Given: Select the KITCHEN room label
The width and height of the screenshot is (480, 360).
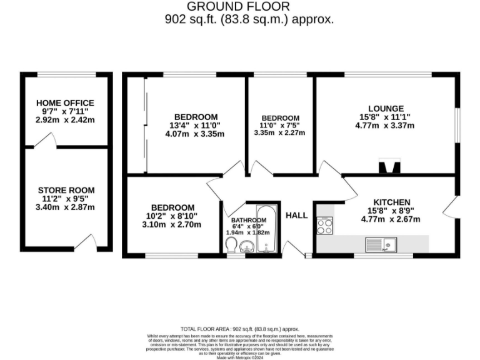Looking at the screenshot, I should point(391,202).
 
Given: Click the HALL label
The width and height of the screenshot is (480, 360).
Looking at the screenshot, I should point(296,216).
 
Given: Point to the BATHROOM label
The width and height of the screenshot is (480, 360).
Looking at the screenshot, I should point(249,221).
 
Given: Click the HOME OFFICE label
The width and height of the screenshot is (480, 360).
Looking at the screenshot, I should point(65,102).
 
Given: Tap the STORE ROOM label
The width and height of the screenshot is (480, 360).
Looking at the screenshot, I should point(66,190).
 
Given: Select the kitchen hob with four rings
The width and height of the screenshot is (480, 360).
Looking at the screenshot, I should point(324,225).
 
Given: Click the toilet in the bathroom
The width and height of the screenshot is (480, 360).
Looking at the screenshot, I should point(231,244).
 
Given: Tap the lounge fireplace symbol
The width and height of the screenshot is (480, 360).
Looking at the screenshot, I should point(388,166).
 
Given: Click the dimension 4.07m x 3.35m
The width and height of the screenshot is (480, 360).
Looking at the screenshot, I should point(196,134).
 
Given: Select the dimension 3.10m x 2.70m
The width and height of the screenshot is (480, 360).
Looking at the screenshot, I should point(172,224).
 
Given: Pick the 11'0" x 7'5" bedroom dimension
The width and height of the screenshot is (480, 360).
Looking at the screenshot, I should point(280,125).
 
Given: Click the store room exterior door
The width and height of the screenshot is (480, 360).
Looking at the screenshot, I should point(85,242).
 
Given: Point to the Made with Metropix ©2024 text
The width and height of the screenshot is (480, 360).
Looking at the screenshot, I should point(240,357).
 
